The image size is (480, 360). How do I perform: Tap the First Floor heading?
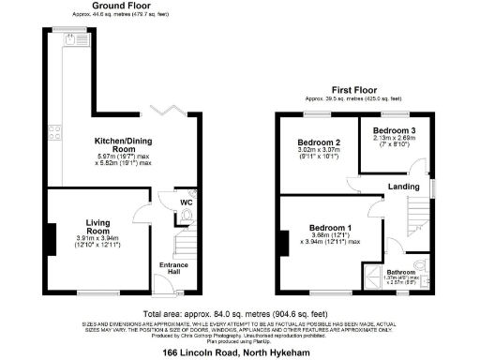pyautogui.click(x=352, y=90)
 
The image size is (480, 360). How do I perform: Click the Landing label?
pyautogui.click(x=404, y=186)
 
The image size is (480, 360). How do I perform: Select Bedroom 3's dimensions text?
pyautogui.click(x=394, y=142)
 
